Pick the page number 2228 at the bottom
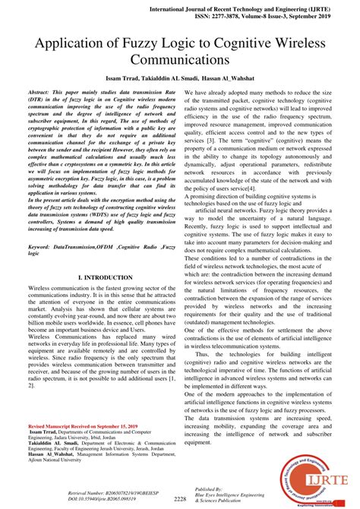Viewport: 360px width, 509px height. pos(179,499)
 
